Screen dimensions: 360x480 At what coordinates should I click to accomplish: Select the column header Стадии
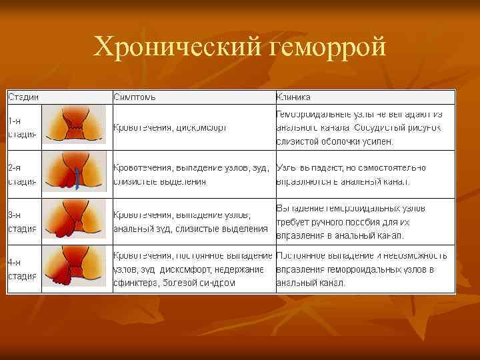(x=23, y=97)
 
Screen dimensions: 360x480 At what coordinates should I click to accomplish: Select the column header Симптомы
(x=135, y=97)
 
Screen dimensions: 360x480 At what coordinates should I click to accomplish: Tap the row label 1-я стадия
(x=23, y=127)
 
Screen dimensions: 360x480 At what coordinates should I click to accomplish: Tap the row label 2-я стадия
(x=23, y=174)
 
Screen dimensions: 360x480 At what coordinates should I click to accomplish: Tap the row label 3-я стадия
(x=23, y=222)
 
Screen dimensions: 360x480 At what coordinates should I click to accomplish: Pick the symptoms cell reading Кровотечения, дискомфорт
(x=171, y=127)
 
